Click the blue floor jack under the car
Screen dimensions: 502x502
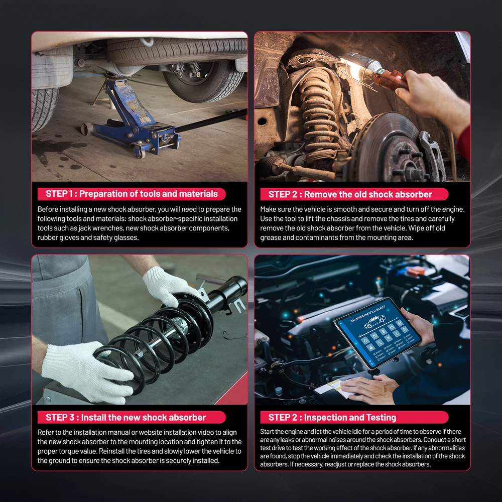[x=135, y=121]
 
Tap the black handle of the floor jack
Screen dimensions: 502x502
[x=211, y=120]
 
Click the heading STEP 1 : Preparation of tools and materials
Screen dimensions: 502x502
[x=132, y=194]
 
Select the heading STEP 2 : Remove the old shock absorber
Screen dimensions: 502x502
[x=350, y=194]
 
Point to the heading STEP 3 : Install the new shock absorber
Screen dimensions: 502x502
[x=126, y=418]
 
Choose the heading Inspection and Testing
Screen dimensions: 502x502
[x=350, y=418]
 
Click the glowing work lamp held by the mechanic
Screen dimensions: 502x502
[x=368, y=69]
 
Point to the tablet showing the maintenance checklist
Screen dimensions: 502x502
[x=378, y=333]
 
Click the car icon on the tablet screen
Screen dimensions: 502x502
[x=375, y=321]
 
